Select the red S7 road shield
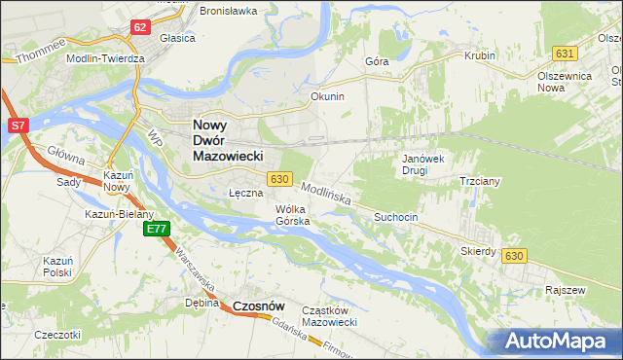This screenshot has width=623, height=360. (18, 126)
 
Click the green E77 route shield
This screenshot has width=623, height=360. (157, 230)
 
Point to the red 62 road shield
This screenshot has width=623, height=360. (141, 27)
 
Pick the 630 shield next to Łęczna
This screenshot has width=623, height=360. (279, 179)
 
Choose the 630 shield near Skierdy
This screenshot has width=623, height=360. (514, 255)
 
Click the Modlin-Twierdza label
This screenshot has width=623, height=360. (105, 58)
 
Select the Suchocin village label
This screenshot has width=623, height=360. (395, 218)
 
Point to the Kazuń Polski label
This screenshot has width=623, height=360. (57, 267)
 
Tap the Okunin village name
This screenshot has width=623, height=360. (327, 97)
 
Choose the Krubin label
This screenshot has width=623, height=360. (480, 55)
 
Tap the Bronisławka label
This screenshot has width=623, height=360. (228, 11)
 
